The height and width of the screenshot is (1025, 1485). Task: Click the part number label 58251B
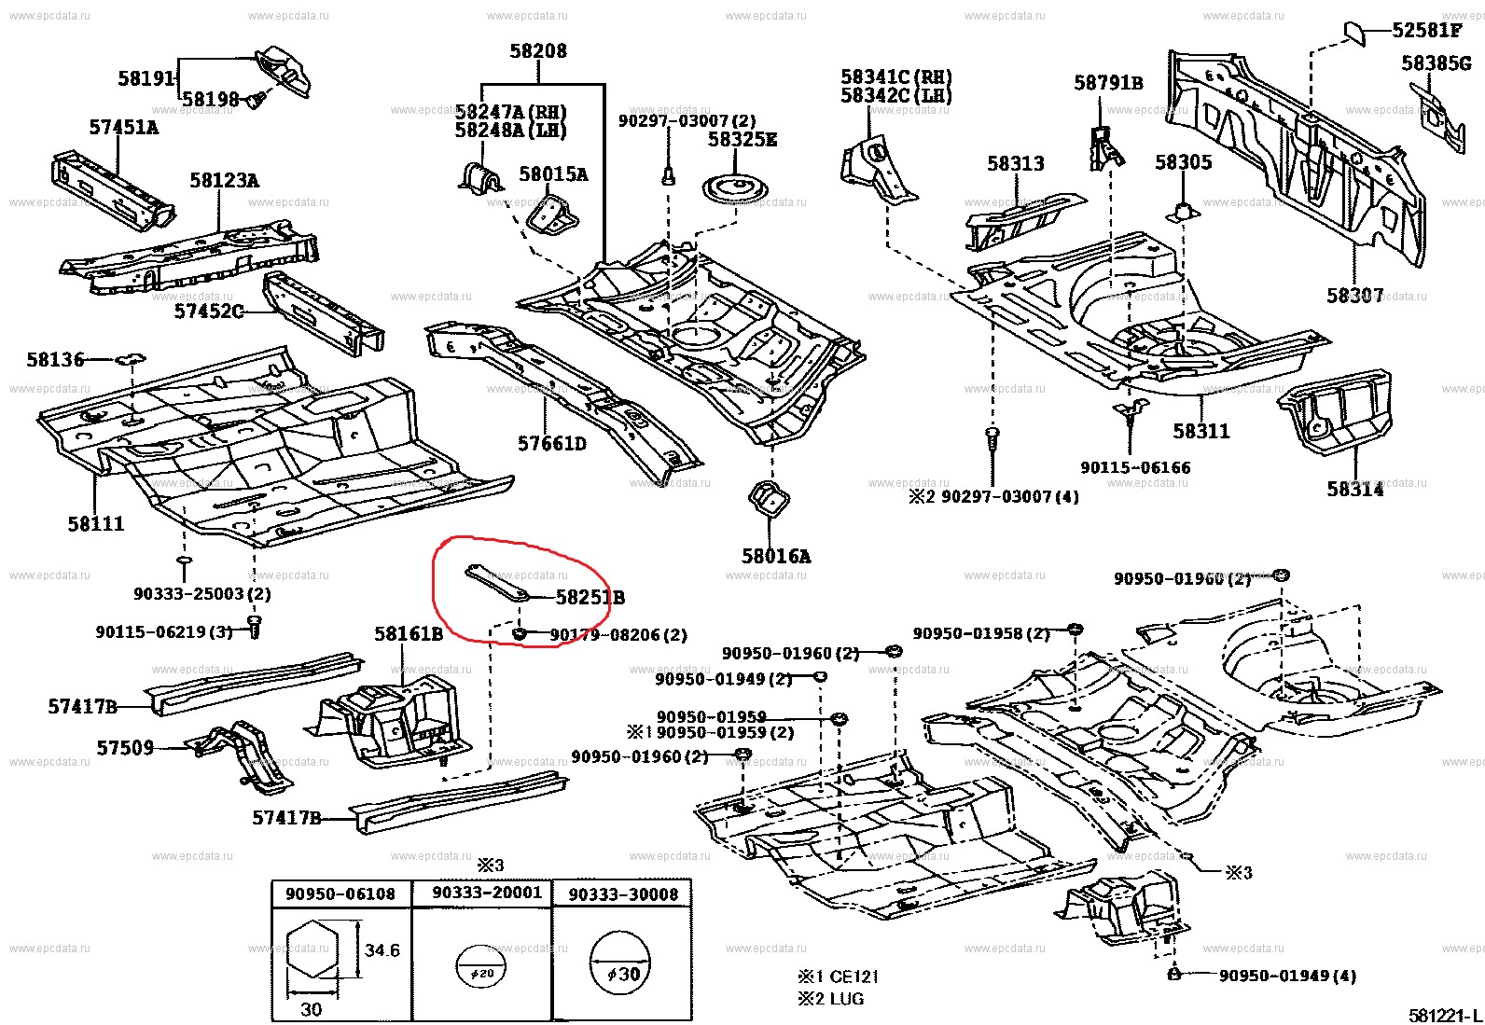(x=590, y=598)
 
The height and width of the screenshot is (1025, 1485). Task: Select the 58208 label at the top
(x=538, y=51)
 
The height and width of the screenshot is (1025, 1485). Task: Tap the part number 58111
(x=95, y=524)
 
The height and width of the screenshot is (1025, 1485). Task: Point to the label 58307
(x=1354, y=296)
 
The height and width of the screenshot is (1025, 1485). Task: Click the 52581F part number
(x=1426, y=30)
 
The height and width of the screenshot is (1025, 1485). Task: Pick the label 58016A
(x=776, y=557)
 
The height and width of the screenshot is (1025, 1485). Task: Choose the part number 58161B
(x=409, y=634)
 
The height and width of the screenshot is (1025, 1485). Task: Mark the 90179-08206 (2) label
(x=618, y=635)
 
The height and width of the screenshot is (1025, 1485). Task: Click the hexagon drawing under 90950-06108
(x=312, y=951)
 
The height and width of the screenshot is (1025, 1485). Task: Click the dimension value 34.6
(x=382, y=950)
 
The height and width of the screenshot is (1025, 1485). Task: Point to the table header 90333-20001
(x=487, y=893)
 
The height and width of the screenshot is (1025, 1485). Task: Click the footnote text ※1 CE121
(x=837, y=977)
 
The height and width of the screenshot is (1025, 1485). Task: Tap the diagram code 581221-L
(x=1445, y=1014)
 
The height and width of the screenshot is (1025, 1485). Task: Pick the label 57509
(x=125, y=748)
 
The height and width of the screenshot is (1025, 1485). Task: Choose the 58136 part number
(x=55, y=359)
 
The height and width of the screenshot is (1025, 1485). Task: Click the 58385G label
(x=1436, y=63)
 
